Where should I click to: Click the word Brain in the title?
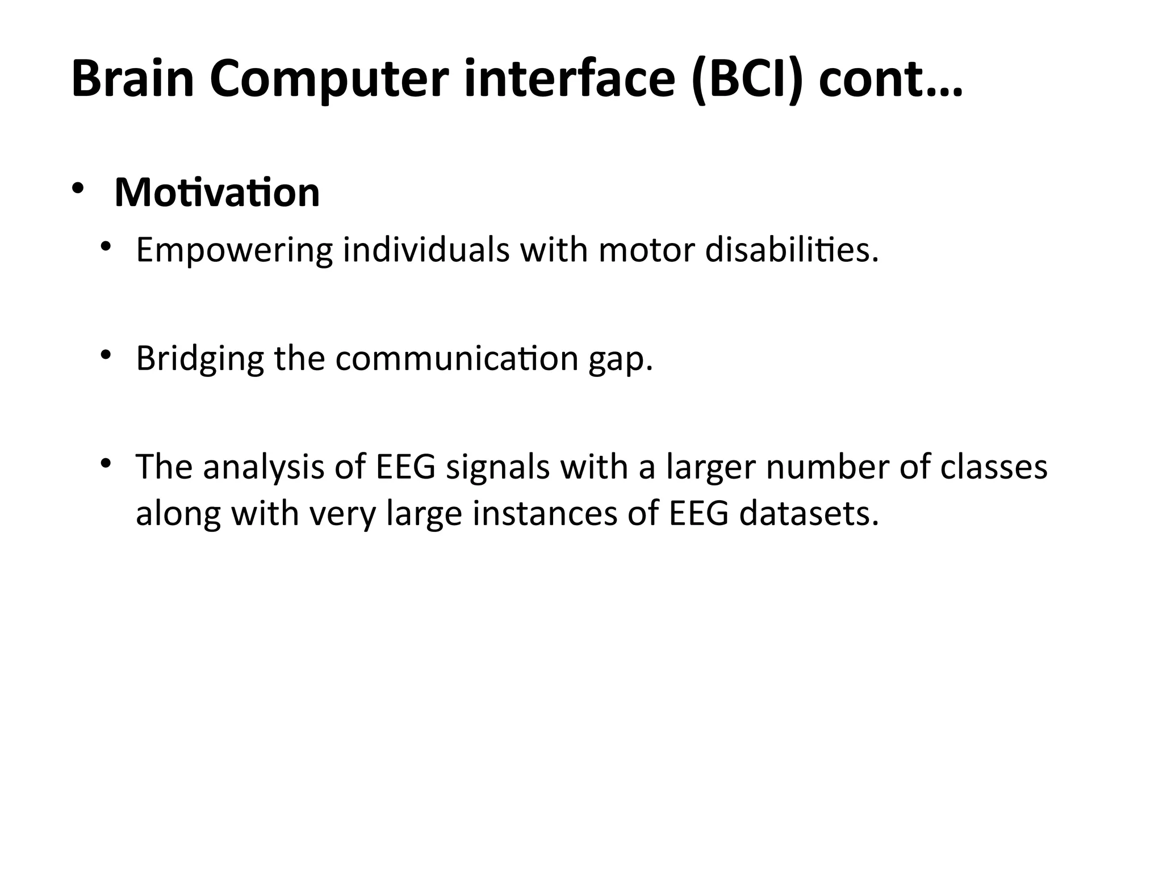(x=133, y=79)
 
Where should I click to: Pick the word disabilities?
(x=791, y=250)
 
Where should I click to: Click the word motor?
(x=646, y=250)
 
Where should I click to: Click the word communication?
(x=457, y=358)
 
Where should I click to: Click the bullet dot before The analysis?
(x=104, y=463)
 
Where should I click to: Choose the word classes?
(x=993, y=467)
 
